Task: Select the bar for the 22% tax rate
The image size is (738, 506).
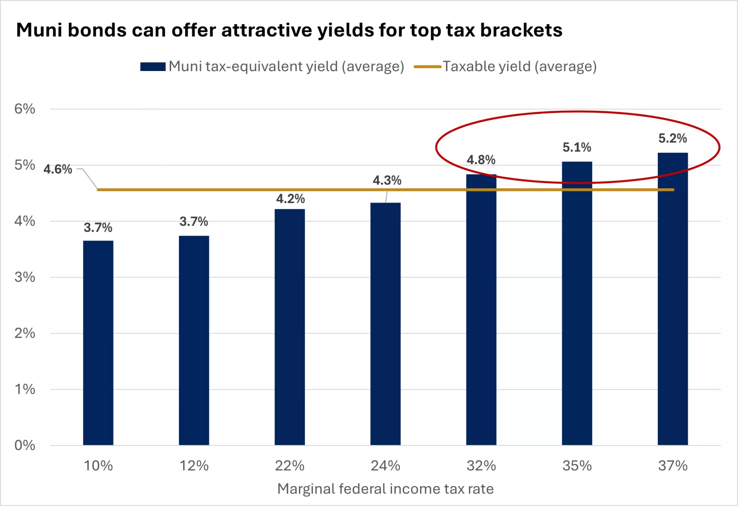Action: (290, 327)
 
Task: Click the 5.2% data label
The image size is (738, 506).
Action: (673, 138)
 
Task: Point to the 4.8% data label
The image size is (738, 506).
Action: (481, 160)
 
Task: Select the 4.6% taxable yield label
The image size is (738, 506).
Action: (58, 169)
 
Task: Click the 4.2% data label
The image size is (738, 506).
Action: (290, 199)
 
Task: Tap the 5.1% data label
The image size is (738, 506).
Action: (577, 148)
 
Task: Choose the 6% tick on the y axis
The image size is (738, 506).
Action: (24, 109)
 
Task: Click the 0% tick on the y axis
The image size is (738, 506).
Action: (24, 445)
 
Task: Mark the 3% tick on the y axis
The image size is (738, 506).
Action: (24, 277)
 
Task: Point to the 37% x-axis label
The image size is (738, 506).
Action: (673, 466)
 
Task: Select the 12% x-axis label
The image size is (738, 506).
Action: (194, 466)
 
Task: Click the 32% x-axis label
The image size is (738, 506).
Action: (481, 466)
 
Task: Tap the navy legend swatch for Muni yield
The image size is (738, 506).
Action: (153, 67)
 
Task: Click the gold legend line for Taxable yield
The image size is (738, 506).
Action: (428, 67)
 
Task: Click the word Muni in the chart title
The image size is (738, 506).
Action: (39, 30)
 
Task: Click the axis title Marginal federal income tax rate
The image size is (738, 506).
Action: (385, 489)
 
